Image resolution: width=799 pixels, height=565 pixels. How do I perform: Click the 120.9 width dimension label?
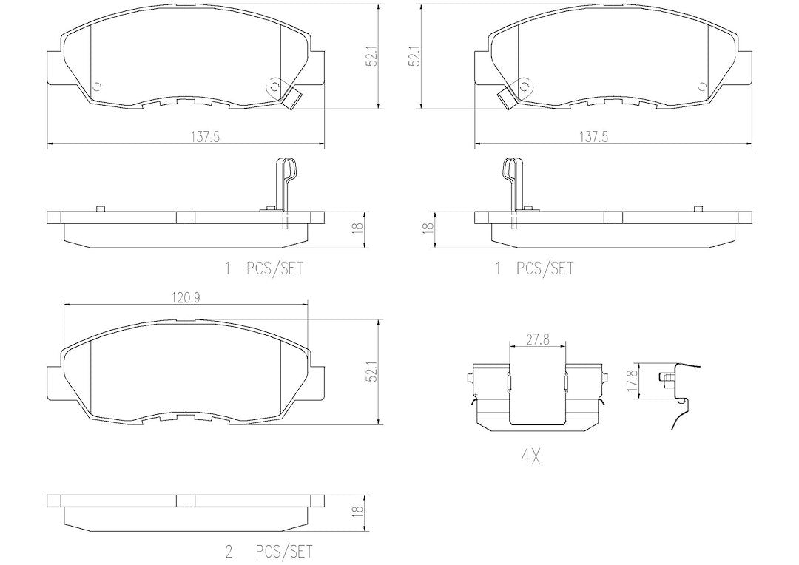tap(186, 298)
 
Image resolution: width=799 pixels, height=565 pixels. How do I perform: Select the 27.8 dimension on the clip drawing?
tap(538, 339)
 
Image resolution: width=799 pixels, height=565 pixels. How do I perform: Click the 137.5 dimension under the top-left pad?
tap(205, 137)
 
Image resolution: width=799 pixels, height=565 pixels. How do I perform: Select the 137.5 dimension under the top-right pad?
tap(594, 137)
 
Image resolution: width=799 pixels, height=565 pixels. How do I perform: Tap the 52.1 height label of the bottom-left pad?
tap(372, 372)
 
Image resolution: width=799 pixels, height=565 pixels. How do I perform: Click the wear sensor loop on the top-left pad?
tap(274, 87)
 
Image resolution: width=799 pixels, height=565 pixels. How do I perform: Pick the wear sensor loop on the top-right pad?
tap(525, 87)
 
